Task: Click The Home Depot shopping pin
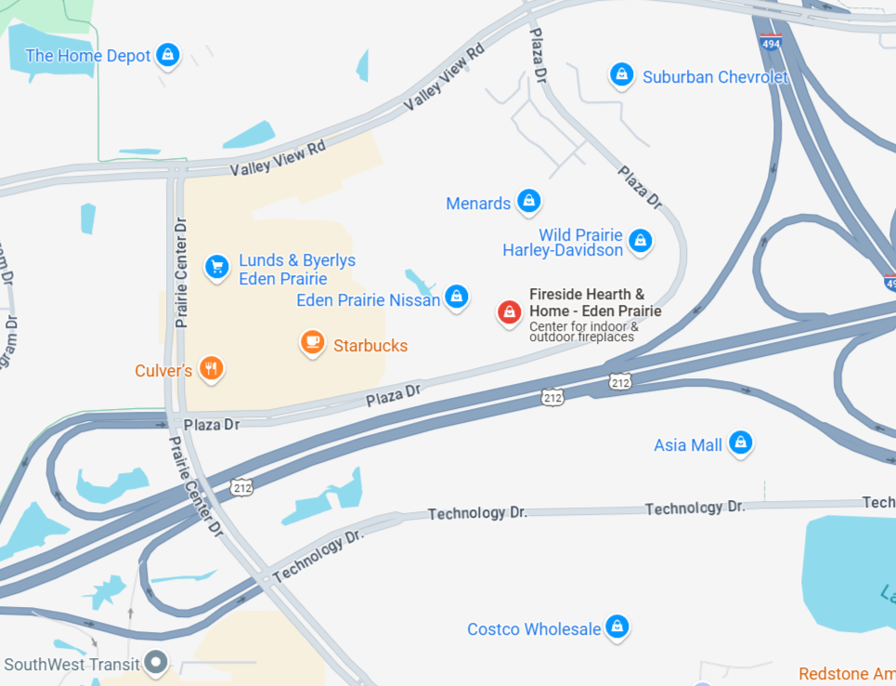point(167,55)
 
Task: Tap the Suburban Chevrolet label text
point(715,77)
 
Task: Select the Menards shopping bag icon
point(529,200)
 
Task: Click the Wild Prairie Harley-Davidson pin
point(640,241)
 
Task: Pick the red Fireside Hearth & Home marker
point(509,312)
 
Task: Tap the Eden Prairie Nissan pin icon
point(456,297)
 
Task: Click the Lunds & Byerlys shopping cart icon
point(216,268)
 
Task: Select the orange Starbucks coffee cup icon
point(313,343)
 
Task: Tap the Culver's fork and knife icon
point(213,369)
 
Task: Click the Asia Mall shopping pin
point(740,442)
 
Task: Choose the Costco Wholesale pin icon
point(617,627)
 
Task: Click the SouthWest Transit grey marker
point(157,664)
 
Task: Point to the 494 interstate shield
point(771,41)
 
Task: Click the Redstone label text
point(847,674)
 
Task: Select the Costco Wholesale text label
point(534,629)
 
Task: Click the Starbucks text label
point(370,346)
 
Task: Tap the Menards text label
point(478,204)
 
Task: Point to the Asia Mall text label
point(687,445)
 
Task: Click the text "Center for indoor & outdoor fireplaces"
point(583,332)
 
